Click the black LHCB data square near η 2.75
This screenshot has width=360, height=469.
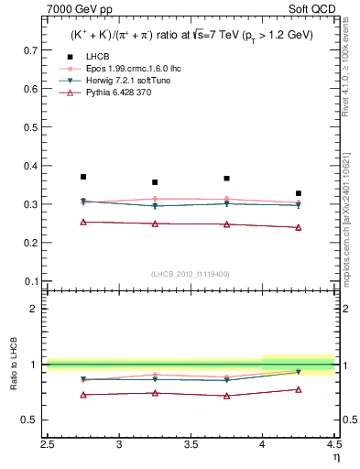tap(83, 177)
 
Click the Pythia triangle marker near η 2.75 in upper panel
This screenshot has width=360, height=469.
tap(83, 222)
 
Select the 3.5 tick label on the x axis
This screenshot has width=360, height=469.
tap(191, 445)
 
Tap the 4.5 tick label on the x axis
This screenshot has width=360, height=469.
tap(333, 445)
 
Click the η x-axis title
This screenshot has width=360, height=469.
tap(336, 457)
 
